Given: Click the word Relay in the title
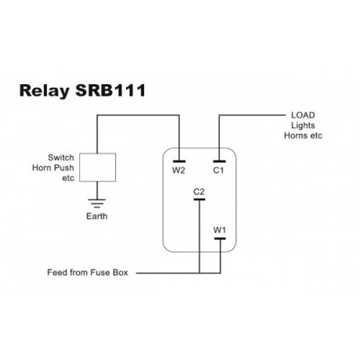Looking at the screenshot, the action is pyautogui.click(x=45, y=91).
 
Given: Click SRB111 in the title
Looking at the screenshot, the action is pyautogui.click(x=111, y=90).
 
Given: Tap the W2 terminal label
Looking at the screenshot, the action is pyautogui.click(x=179, y=171).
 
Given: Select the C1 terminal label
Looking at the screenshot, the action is pyautogui.click(x=218, y=171).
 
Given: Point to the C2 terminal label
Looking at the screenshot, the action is pyautogui.click(x=199, y=192).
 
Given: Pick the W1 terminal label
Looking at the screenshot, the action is pyautogui.click(x=220, y=230).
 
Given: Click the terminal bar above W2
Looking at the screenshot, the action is pyautogui.click(x=179, y=161).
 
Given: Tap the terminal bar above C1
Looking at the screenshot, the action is pyautogui.click(x=220, y=161).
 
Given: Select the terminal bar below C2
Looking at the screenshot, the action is pyautogui.click(x=199, y=199).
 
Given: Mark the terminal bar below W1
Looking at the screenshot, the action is pyautogui.click(x=220, y=238).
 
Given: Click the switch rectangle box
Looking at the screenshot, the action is pyautogui.click(x=97, y=167).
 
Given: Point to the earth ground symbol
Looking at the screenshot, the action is pyautogui.click(x=97, y=203).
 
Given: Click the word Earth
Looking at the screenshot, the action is pyautogui.click(x=96, y=216).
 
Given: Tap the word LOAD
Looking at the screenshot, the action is pyautogui.click(x=303, y=115).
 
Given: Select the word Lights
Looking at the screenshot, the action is pyautogui.click(x=303, y=125).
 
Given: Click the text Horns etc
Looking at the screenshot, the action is pyautogui.click(x=303, y=135).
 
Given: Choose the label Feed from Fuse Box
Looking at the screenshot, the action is pyautogui.click(x=88, y=273).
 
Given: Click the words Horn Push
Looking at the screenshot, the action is pyautogui.click(x=53, y=168).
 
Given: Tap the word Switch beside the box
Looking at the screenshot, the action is pyautogui.click(x=60, y=158).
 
